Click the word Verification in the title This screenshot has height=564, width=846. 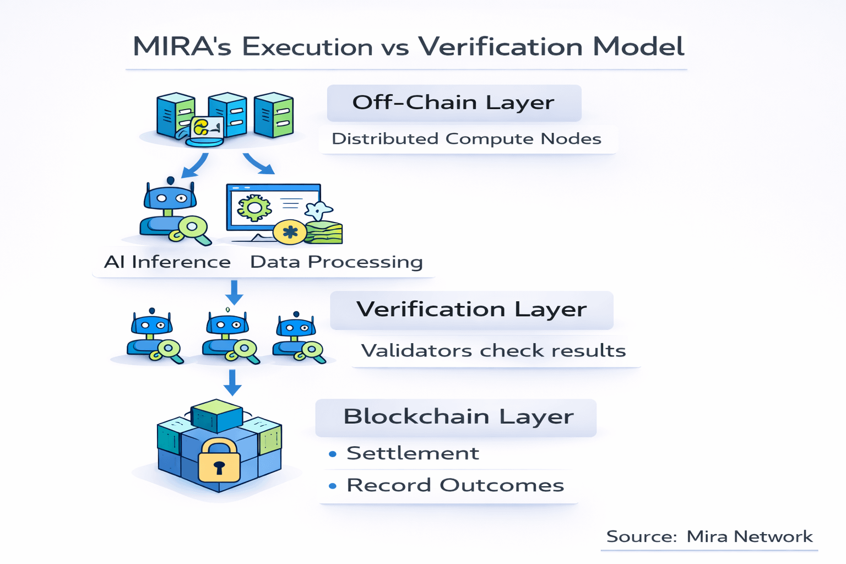tap(500, 46)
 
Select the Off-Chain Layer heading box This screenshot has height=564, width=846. tap(454, 103)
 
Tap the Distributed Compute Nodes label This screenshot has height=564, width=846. tap(467, 138)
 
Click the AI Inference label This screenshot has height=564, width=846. tap(167, 262)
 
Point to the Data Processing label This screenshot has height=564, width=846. tap(337, 262)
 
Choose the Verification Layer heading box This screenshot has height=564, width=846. tap(471, 310)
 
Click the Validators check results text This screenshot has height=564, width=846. tap(493, 350)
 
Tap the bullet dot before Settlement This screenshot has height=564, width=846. tap(333, 454)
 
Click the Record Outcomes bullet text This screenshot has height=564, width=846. tap(455, 485)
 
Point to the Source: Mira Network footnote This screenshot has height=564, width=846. tap(709, 536)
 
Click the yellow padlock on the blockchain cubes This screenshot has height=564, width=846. tap(219, 462)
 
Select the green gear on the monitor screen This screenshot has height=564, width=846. tap(253, 208)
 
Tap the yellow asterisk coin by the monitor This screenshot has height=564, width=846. tap(290, 232)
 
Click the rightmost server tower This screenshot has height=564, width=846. tap(274, 115)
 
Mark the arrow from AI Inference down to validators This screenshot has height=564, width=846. tap(235, 292)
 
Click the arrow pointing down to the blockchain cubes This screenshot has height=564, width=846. tap(233, 382)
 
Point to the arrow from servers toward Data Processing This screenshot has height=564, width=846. tap(258, 162)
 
